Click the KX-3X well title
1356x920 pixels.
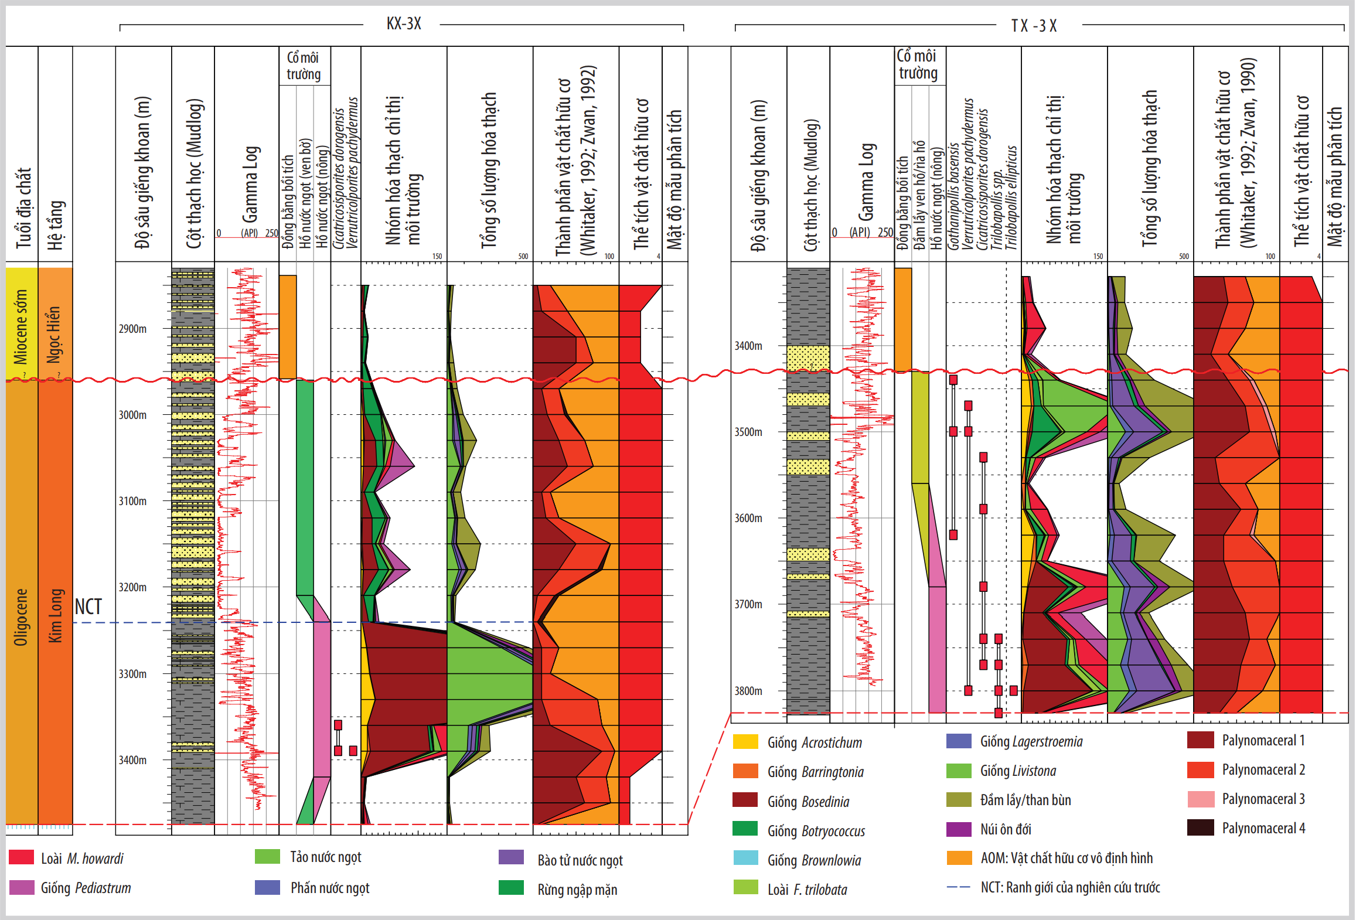(404, 23)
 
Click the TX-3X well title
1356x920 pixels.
(1034, 26)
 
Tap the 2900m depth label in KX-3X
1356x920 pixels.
(132, 329)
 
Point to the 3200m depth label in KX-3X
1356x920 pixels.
(132, 587)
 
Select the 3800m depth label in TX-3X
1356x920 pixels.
(748, 691)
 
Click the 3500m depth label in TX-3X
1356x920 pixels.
(748, 432)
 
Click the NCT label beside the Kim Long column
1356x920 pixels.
(88, 606)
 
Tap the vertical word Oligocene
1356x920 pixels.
(21, 617)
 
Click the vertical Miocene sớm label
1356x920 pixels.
(21, 326)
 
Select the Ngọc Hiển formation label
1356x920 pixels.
(54, 335)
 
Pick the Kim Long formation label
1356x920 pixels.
(55, 616)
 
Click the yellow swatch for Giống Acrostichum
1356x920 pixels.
(745, 742)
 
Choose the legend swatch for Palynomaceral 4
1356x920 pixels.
(1200, 827)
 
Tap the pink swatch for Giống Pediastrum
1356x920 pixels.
(22, 887)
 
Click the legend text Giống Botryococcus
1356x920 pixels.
(816, 831)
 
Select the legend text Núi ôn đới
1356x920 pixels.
(1006, 829)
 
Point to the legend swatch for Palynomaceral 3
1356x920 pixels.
(1200, 798)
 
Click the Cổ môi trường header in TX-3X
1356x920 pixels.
(918, 64)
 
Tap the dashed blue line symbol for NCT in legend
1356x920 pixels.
(959, 887)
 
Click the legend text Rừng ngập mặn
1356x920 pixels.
(577, 890)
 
